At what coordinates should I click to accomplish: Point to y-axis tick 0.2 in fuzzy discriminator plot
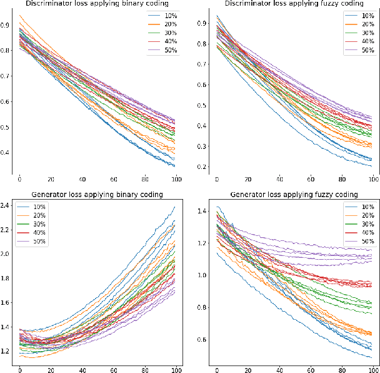[x=203, y=166]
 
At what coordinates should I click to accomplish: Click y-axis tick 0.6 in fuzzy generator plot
[x=203, y=340]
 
